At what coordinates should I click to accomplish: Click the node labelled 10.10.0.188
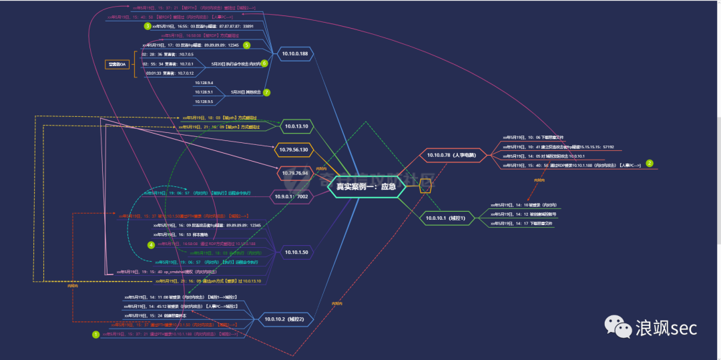[x=294, y=53]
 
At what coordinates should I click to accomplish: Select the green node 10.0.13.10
[x=296, y=126]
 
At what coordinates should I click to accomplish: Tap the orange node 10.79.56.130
[x=294, y=150]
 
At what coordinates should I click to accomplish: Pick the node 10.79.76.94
[x=295, y=173]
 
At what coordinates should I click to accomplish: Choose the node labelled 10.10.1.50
[x=296, y=252]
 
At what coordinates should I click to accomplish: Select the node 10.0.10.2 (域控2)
[x=284, y=319]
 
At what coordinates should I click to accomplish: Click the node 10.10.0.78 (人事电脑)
[x=451, y=156]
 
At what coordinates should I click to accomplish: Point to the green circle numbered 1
[x=95, y=334]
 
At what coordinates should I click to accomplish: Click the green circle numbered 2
[x=649, y=163]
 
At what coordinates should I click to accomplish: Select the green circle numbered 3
[x=148, y=26]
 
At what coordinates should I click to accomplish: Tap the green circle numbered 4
[x=151, y=244]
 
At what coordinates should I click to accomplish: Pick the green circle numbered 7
[x=266, y=92]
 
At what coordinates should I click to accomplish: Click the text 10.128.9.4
[x=204, y=83]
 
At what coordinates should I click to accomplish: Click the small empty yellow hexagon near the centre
[x=424, y=188]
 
